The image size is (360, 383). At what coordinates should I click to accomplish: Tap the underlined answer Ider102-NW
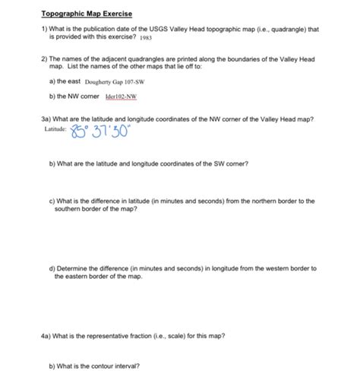[x=116, y=97]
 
